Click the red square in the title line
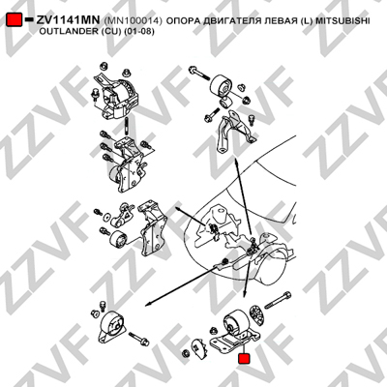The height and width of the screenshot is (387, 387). (14, 19)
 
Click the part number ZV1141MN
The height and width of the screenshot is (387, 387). (68, 20)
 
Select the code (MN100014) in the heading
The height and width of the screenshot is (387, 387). (133, 21)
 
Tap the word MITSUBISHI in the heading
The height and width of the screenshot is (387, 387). (342, 21)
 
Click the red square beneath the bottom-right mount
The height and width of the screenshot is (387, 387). (244, 359)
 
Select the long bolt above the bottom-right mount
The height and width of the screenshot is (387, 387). (278, 300)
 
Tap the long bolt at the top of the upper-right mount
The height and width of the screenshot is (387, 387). (200, 74)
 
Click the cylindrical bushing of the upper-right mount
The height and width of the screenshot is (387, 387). (222, 85)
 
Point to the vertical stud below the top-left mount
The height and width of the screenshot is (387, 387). (127, 126)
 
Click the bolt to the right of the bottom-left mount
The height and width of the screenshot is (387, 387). (138, 339)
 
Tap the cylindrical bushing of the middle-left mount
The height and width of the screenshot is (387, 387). (118, 239)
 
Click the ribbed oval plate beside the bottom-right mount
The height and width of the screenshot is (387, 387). (257, 314)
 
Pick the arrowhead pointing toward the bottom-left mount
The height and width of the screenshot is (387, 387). (148, 304)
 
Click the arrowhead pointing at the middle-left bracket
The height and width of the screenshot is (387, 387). (178, 210)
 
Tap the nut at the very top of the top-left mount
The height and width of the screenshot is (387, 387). (104, 67)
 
